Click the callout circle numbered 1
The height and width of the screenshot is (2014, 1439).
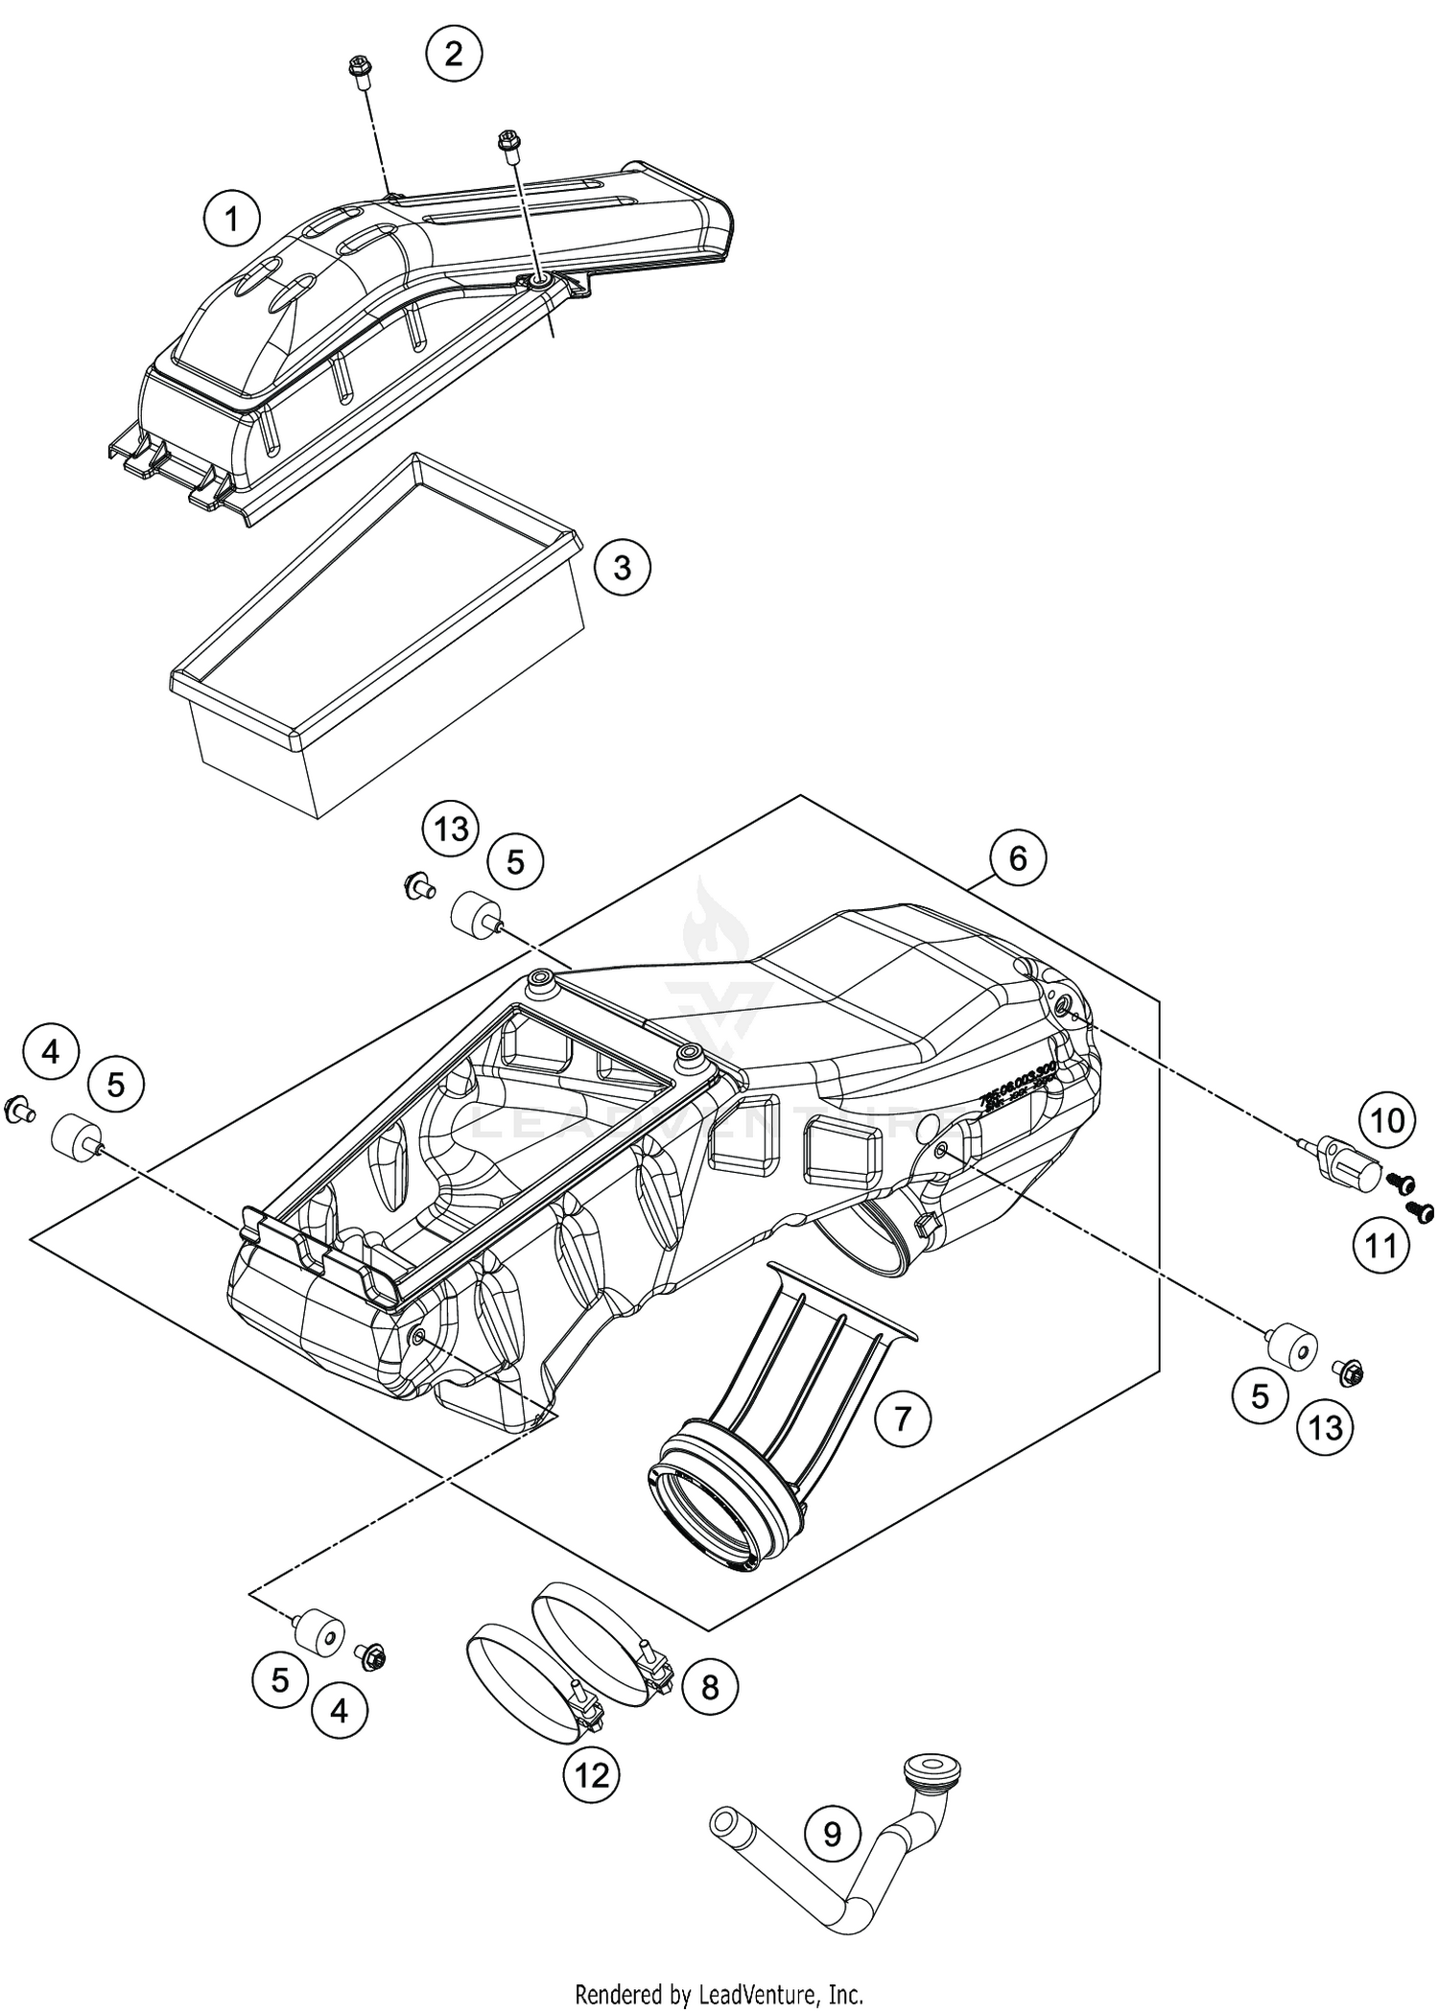coord(231,220)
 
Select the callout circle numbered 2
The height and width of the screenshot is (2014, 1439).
coord(454,54)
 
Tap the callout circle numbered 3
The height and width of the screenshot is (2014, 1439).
coord(622,568)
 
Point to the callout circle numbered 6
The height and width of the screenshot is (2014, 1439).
coord(1018,857)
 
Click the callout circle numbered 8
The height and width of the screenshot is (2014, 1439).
coord(710,1715)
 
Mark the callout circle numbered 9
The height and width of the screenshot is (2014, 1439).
coord(832,1861)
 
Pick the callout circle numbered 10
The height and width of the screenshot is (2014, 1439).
coord(1387,1120)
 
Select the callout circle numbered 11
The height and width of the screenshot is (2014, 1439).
coord(1381,1246)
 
